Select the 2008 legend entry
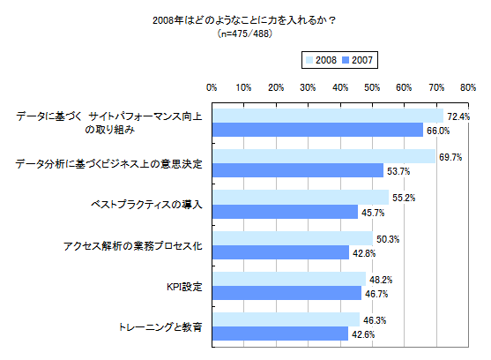[319, 60]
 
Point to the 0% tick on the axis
[212, 87]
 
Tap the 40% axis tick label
[339, 87]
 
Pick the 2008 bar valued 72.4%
[327, 116]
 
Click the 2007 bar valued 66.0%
[317, 130]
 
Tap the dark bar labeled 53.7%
[297, 170]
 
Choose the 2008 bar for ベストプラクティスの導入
[300, 198]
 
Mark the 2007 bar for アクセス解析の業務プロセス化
[279, 252]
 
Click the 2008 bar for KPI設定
[288, 279]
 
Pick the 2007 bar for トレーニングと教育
[279, 334]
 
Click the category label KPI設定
[184, 286]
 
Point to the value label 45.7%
[374, 212]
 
